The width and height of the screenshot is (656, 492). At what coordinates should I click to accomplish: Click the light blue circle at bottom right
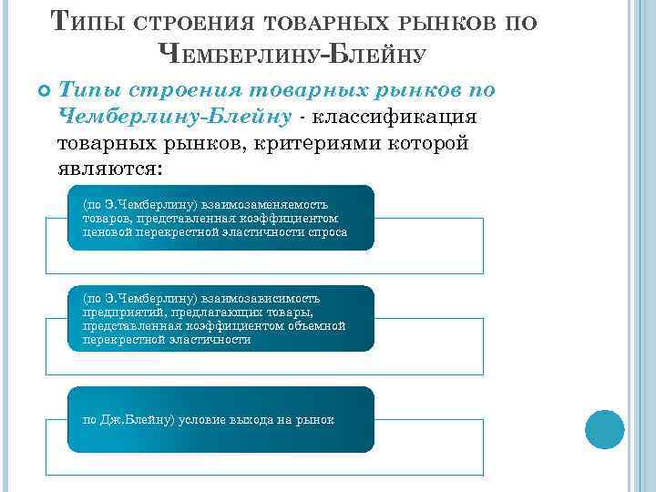pos(604,429)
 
